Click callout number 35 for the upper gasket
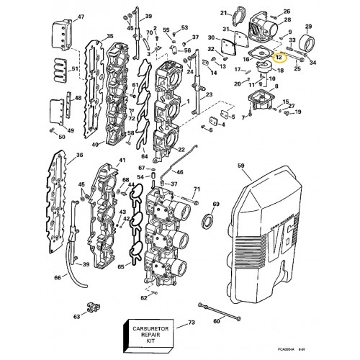coord(109,36)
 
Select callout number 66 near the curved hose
coord(58,276)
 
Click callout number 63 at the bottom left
coord(77,316)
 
